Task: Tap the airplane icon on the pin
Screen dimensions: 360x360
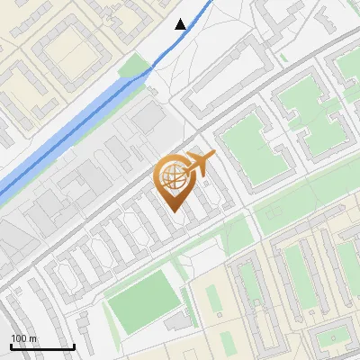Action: (200, 163)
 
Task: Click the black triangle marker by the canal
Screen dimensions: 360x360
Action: (182, 24)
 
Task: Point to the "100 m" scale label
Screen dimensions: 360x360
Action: (25, 337)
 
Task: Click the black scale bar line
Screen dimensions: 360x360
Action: (42, 346)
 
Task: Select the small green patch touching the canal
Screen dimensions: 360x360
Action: (135, 68)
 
